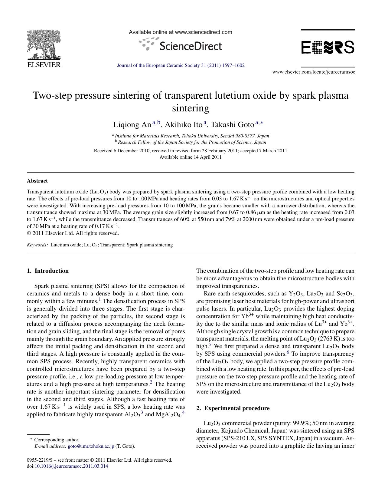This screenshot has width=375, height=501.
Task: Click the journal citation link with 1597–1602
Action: click(x=181, y=65)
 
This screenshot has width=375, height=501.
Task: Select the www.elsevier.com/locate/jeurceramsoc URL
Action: click(x=314, y=72)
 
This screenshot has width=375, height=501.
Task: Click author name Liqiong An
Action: click(x=132, y=125)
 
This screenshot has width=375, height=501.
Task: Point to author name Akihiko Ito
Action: click(x=183, y=125)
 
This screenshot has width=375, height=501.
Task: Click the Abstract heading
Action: click(x=37, y=181)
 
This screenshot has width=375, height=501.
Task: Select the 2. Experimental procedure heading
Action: click(x=233, y=408)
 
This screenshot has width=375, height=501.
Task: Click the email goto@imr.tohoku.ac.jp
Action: click(x=91, y=446)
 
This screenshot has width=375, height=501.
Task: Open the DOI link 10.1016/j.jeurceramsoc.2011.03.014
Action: click(x=71, y=466)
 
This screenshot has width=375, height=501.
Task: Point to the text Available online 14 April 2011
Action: click(x=190, y=157)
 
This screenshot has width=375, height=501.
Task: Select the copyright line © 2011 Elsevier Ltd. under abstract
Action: click(x=73, y=233)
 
